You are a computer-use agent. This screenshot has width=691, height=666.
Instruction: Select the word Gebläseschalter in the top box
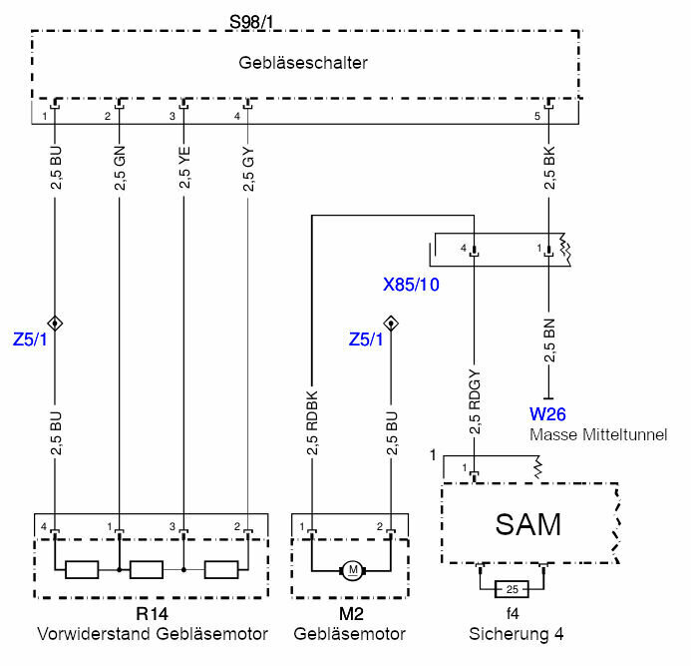tap(303, 63)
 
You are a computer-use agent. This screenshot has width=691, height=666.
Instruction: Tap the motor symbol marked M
tap(352, 570)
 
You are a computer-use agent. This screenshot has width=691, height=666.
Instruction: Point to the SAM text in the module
tap(528, 523)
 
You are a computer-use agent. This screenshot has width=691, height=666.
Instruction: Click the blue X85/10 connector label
tap(412, 284)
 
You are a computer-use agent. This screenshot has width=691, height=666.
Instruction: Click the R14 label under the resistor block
tap(151, 615)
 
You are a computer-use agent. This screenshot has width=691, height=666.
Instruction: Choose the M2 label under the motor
tap(349, 615)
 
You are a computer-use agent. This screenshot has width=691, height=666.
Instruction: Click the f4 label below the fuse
tap(512, 615)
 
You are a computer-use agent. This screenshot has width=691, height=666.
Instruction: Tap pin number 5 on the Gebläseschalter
tap(539, 118)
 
